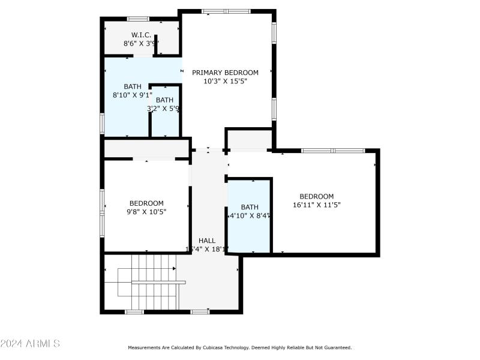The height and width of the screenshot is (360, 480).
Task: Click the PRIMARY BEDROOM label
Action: pyautogui.click(x=225, y=73)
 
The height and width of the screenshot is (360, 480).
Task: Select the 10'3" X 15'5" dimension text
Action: pyautogui.click(x=225, y=81)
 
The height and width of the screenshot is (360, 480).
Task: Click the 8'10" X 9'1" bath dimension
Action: pyautogui.click(x=133, y=95)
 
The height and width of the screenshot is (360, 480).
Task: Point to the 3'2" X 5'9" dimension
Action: pyautogui.click(x=164, y=109)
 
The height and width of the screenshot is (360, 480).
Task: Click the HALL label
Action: pyautogui.click(x=207, y=241)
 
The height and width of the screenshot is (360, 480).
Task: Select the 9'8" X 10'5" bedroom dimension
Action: pyautogui.click(x=146, y=212)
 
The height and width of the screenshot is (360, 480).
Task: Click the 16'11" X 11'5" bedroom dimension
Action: pyautogui.click(x=316, y=205)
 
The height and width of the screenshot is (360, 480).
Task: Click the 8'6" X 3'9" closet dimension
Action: pyautogui.click(x=141, y=43)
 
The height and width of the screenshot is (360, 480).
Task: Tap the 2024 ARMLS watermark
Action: pyautogui.click(x=30, y=344)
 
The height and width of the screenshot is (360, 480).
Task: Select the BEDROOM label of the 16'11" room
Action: pyautogui.click(x=316, y=196)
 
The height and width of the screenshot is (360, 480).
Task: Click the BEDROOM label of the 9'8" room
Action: pyautogui.click(x=146, y=203)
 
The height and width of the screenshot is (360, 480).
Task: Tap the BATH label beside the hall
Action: pyautogui.click(x=250, y=207)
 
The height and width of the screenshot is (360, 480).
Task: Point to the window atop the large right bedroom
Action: pyautogui.click(x=332, y=151)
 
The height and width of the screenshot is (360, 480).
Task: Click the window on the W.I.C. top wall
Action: pyautogui.click(x=138, y=19)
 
